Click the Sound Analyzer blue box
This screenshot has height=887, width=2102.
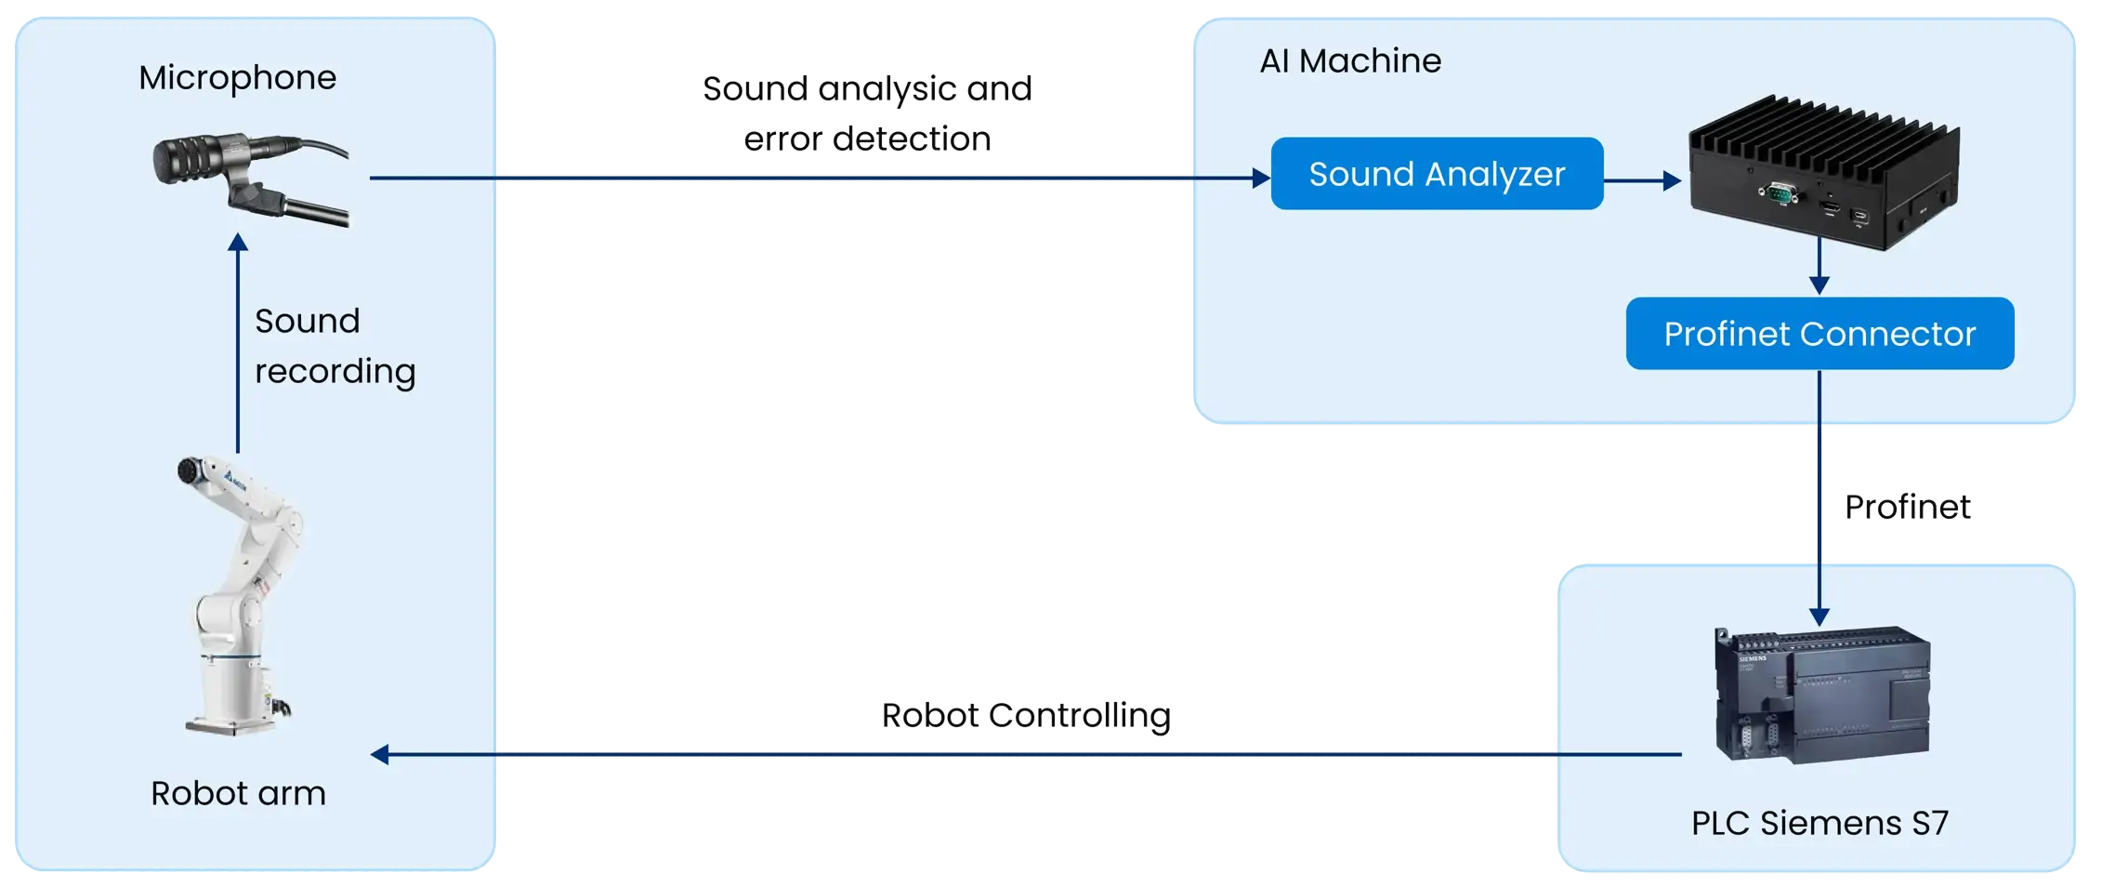[1437, 174]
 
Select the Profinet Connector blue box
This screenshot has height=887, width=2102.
[1820, 334]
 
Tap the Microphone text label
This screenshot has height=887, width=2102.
[238, 77]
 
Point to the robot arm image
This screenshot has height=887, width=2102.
[237, 595]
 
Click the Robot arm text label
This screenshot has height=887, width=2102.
[238, 793]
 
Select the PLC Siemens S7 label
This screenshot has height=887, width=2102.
[1820, 823]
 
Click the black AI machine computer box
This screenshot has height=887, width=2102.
[1823, 175]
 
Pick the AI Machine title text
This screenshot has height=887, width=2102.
[1350, 61]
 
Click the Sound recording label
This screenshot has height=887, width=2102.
[335, 346]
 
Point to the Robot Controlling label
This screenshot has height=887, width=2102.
[1025, 716]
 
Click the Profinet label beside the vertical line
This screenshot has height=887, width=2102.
[1907, 508]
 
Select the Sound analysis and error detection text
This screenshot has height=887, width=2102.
[867, 113]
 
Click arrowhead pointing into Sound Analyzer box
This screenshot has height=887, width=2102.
[1261, 178]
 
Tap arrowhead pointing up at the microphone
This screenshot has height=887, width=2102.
[238, 243]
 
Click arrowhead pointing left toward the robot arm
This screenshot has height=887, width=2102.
[380, 754]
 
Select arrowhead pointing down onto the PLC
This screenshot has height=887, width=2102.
[1820, 616]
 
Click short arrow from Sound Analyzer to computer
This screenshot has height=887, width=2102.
[1642, 180]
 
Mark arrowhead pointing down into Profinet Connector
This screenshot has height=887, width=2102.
[1820, 285]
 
